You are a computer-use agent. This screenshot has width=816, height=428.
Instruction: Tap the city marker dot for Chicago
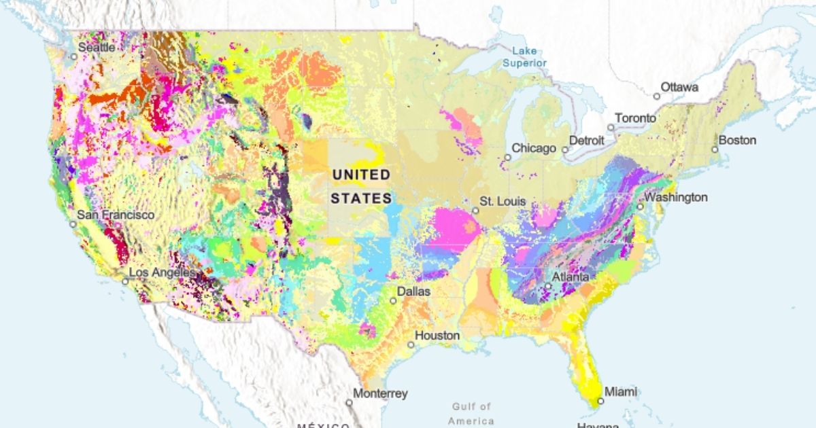click(x=507, y=158)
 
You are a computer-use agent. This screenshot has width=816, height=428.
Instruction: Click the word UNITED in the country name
click(x=361, y=175)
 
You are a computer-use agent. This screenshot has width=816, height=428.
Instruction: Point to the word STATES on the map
click(x=361, y=198)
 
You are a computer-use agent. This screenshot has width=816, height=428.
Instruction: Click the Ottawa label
click(x=680, y=87)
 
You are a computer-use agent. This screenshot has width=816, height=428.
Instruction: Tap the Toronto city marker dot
click(x=611, y=128)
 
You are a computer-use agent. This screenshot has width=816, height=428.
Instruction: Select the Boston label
click(x=737, y=141)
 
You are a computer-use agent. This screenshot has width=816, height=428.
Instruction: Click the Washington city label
click(x=676, y=198)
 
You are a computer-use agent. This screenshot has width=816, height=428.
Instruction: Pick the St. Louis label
click(x=503, y=202)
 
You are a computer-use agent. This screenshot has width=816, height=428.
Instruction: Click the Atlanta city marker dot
click(x=548, y=287)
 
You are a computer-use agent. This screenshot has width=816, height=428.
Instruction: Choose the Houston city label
click(x=437, y=336)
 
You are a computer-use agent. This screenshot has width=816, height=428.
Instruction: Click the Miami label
click(x=620, y=392)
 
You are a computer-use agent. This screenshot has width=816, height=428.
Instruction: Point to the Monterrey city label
click(x=380, y=393)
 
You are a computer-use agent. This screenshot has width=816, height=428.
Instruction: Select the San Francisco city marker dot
click(x=73, y=224)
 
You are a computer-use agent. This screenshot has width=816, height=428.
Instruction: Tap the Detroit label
click(x=586, y=141)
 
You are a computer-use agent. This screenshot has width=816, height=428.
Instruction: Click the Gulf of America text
click(x=471, y=413)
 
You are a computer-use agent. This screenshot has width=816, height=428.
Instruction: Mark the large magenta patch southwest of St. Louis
click(x=453, y=228)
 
